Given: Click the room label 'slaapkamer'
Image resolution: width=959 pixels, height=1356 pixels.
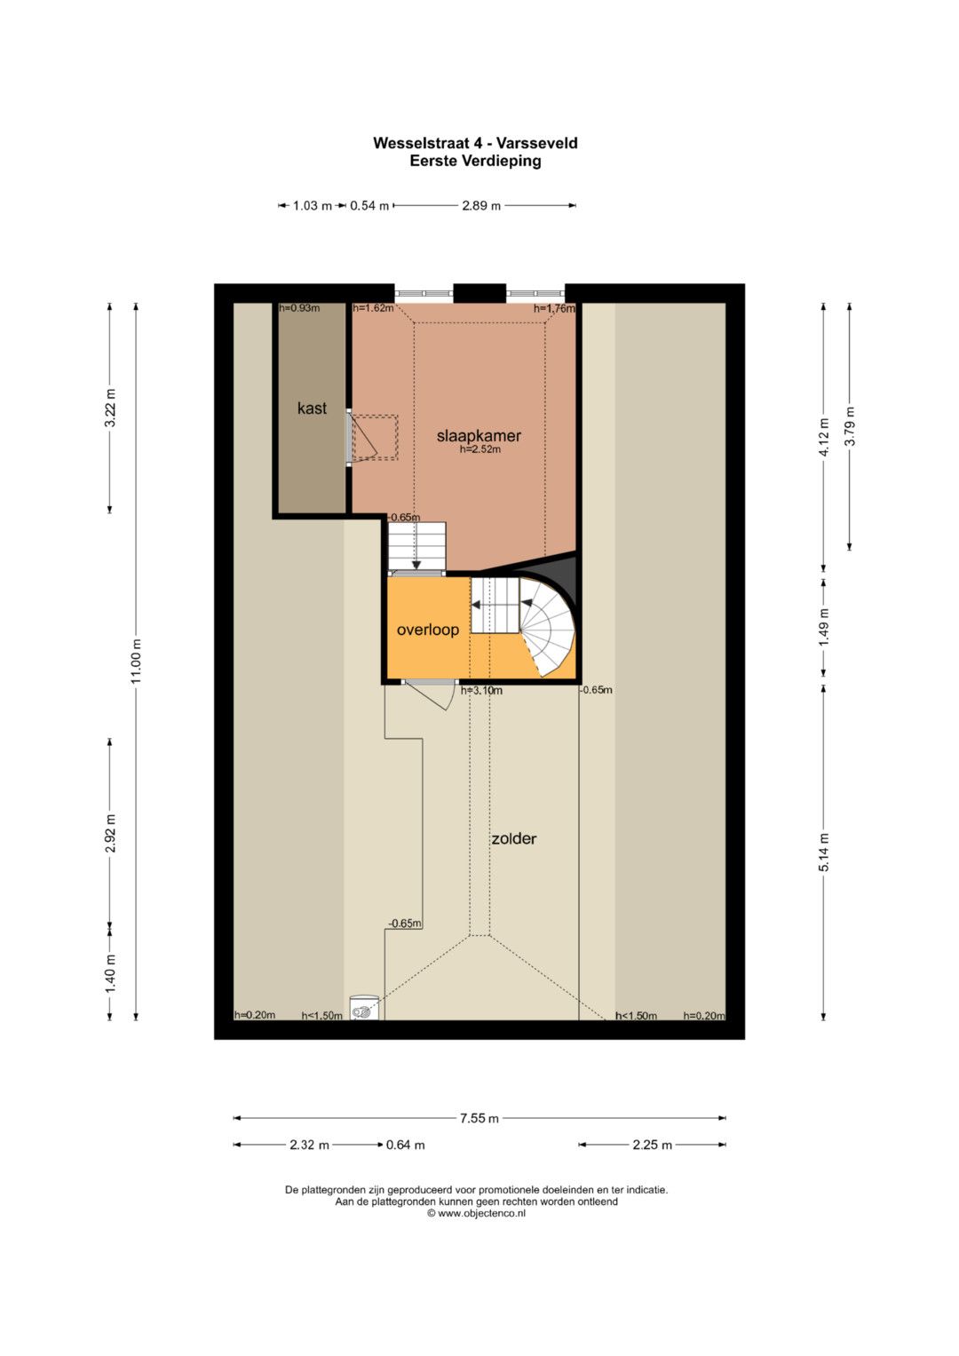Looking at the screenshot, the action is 479,435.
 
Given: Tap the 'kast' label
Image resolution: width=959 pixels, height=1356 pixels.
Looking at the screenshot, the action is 312,408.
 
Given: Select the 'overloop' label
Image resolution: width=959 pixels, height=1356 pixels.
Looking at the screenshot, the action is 427,630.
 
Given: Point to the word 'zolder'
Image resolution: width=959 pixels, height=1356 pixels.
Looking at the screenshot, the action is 513,838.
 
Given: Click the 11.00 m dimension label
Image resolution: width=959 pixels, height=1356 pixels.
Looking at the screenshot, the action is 136,661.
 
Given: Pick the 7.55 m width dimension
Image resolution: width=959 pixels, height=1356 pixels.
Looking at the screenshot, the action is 479,1118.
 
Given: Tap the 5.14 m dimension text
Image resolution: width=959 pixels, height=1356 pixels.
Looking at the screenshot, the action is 823,852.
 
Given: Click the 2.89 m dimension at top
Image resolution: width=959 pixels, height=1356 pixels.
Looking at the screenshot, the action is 481,206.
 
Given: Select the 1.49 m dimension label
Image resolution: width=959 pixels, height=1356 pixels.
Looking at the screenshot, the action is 823,626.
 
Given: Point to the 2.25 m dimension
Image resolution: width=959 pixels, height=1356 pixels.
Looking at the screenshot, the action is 652,1145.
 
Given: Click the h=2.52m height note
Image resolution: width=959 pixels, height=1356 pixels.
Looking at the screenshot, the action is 480,449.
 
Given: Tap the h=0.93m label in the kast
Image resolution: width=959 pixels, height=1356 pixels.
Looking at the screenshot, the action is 299,308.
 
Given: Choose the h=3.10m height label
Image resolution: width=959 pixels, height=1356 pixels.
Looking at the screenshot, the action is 481,690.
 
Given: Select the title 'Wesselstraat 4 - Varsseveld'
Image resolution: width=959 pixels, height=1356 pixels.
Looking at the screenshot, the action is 475,144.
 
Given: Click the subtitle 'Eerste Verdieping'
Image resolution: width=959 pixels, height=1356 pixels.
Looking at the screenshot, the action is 475,161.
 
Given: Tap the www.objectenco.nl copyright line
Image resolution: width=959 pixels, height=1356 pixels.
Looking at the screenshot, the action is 476,1213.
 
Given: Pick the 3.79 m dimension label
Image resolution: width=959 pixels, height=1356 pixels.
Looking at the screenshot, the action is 850,426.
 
